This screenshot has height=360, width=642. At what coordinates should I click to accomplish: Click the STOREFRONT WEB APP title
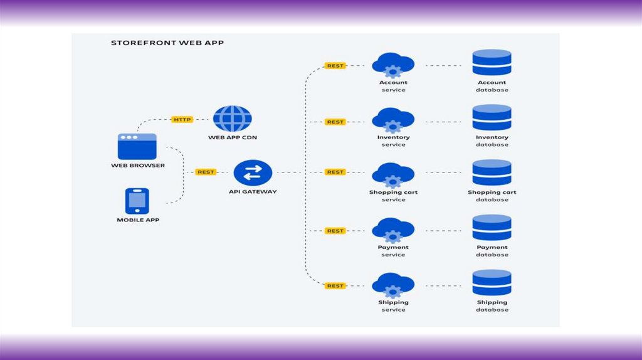pyautogui.click(x=167, y=43)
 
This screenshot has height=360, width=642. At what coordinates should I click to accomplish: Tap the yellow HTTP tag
pyautogui.click(x=182, y=119)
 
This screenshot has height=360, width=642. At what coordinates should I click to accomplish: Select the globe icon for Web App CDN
pyautogui.click(x=232, y=119)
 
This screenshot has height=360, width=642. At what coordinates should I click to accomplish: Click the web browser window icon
pyautogui.click(x=137, y=146)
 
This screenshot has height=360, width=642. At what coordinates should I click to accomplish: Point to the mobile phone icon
pyautogui.click(x=137, y=201)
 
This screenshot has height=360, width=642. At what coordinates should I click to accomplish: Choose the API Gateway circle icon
pyautogui.click(x=253, y=172)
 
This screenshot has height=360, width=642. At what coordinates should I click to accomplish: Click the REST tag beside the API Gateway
pyautogui.click(x=206, y=172)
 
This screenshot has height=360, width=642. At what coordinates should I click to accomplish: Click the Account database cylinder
pyautogui.click(x=492, y=63)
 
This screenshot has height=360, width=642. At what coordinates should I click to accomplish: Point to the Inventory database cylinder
pyautogui.click(x=492, y=118)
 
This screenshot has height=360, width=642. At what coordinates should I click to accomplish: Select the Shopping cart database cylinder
pyautogui.click(x=492, y=173)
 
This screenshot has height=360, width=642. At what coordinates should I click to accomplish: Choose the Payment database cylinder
pyautogui.click(x=492, y=228)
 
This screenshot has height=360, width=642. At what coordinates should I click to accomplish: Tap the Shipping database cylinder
pyautogui.click(x=492, y=283)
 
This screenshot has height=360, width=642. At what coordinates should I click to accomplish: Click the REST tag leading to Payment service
pyautogui.click(x=335, y=231)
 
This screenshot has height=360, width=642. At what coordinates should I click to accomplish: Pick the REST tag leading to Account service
pyautogui.click(x=335, y=65)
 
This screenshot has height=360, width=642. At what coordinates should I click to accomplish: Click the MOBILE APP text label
pyautogui.click(x=137, y=220)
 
